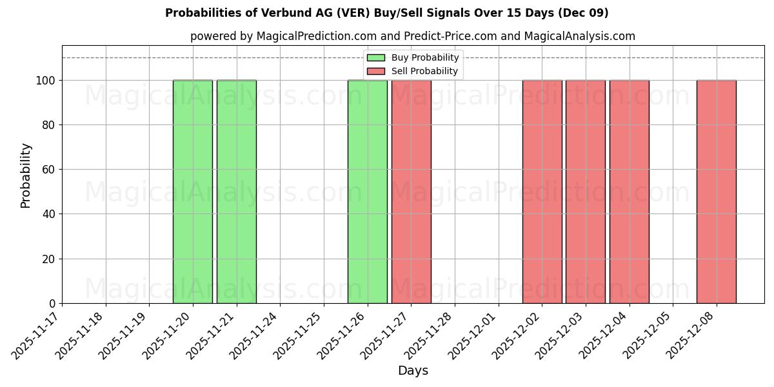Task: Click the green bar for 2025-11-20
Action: (193, 192)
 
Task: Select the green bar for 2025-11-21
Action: (237, 192)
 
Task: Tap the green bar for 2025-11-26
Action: (368, 192)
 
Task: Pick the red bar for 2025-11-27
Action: (411, 192)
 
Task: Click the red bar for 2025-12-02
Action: (542, 192)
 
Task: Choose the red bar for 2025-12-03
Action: (586, 192)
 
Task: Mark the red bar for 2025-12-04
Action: (629, 192)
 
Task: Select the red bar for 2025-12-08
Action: (716, 192)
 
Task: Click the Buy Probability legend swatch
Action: (376, 58)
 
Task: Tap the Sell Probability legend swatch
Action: (376, 71)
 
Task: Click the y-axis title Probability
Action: (26, 175)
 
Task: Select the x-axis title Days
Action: (413, 371)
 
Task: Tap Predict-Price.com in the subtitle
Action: (450, 36)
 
